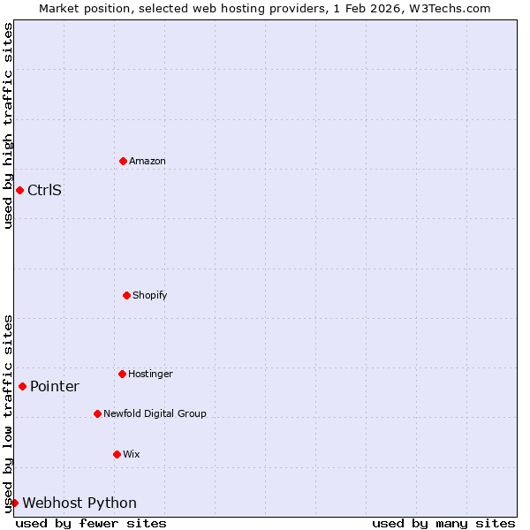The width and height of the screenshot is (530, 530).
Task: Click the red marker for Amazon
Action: [x=123, y=161]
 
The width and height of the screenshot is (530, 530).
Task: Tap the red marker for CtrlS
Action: [x=19, y=190]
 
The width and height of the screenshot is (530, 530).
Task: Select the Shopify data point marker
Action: [x=126, y=295]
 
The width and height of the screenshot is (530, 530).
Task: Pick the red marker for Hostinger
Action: [x=122, y=374]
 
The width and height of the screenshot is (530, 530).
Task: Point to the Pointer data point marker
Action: [x=22, y=386]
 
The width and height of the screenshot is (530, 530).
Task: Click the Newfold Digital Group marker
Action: [x=97, y=413]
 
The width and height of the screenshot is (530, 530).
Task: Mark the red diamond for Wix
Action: [x=117, y=454]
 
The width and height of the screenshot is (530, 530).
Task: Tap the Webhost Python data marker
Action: [x=14, y=503]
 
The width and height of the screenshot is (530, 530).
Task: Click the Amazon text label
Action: [x=148, y=161]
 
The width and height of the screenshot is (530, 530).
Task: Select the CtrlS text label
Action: [x=44, y=190]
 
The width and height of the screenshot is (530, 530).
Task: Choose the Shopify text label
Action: [x=150, y=295]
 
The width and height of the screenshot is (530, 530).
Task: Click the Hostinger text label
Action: [x=151, y=374]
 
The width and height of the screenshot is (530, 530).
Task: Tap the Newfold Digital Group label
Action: [x=155, y=413]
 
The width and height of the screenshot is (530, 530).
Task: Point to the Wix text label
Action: [x=132, y=454]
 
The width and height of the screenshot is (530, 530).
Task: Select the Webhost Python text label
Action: [x=79, y=503]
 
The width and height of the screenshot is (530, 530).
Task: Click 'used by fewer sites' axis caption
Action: [x=91, y=523]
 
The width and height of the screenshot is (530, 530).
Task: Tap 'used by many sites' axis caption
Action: [x=443, y=523]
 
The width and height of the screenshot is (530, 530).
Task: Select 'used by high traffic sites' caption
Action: [x=8, y=125]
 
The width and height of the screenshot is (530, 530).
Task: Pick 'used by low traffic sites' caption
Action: [x=8, y=413]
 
